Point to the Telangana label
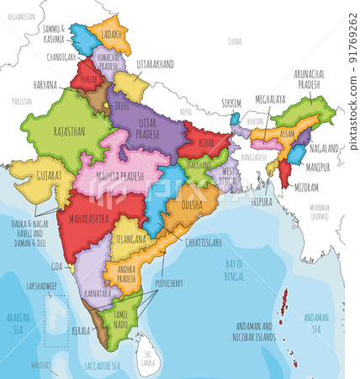132,238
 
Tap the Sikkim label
231,102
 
